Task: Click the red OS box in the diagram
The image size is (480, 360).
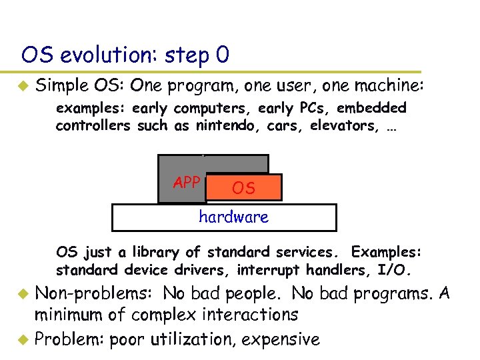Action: click(244, 188)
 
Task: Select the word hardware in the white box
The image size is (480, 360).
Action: click(233, 217)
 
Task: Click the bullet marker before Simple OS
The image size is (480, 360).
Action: click(23, 86)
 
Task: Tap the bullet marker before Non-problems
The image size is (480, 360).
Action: click(23, 293)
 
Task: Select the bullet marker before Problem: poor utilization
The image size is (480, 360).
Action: click(23, 339)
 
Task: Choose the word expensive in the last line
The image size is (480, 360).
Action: click(281, 339)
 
